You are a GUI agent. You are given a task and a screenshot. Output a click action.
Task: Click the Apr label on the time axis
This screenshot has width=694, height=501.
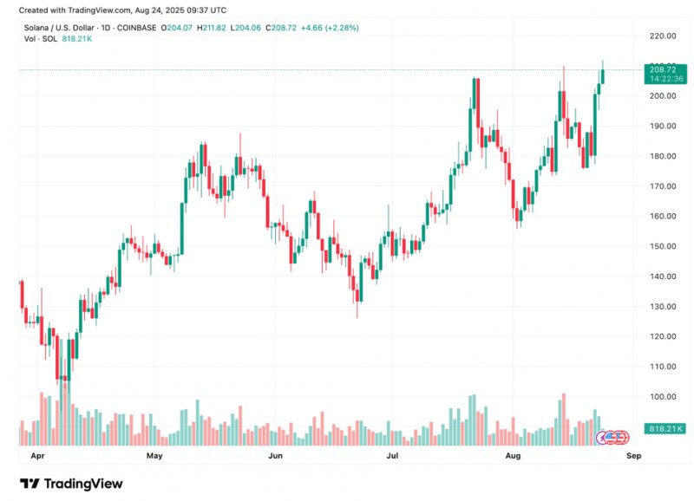tap(37, 454)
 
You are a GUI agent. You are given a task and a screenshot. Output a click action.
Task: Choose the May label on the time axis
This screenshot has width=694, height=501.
tap(154, 454)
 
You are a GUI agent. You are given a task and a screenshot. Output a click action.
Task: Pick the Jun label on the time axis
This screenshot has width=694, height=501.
tap(275, 454)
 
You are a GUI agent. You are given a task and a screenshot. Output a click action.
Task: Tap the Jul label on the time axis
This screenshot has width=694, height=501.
tap(392, 454)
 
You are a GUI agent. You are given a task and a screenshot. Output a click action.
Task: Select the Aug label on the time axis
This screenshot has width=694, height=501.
tap(513, 454)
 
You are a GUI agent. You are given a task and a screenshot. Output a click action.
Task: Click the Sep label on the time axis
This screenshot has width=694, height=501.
tap(633, 454)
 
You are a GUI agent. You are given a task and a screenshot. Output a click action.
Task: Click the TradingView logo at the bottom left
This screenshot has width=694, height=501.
tap(71, 484)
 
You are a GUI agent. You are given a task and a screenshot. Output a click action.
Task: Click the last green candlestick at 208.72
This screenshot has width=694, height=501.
tap(603, 75)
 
